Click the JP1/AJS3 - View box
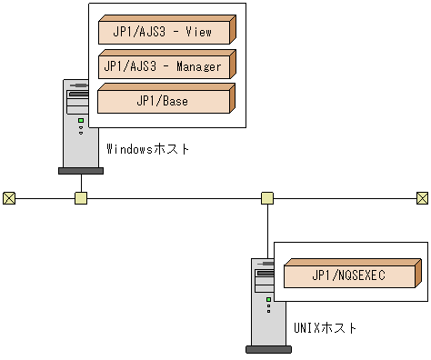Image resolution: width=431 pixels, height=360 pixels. point(165,33)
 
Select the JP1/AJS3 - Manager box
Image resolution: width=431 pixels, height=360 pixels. point(165,66)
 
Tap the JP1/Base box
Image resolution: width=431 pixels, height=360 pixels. point(165,101)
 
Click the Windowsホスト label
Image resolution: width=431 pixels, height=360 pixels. point(147,149)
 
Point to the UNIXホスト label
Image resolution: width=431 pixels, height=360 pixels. point(326,327)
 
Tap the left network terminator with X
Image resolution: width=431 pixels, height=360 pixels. point(9,197)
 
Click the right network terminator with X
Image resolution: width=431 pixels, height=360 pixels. point(422,197)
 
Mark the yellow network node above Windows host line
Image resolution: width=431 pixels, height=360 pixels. point(81,197)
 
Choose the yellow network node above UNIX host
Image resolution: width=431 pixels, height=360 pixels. point(267,197)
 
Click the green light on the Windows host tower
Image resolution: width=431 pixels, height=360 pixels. point(80,120)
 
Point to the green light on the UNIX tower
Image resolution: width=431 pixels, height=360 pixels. point(269,298)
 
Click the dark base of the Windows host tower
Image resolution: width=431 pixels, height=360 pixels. point(80,170)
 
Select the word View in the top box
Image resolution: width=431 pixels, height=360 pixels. point(197,33)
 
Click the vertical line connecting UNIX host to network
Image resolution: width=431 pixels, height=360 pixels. point(267,232)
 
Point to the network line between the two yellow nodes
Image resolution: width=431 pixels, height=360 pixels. point(173,197)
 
